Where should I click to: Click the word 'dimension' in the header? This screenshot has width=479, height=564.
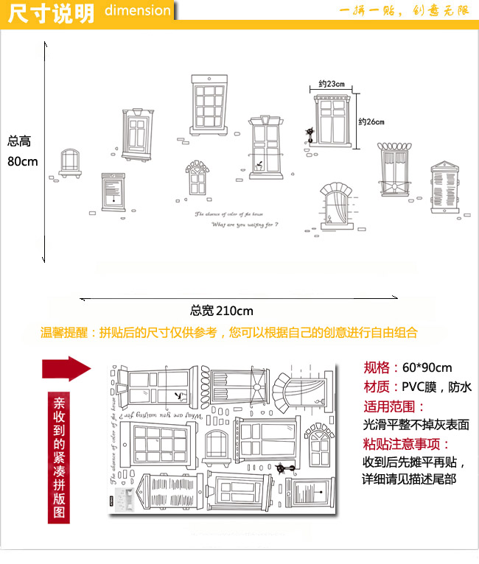click(137, 11)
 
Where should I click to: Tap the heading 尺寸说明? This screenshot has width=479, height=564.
click(51, 13)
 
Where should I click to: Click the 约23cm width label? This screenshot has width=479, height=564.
click(332, 85)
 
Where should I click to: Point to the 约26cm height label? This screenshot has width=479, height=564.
click(372, 121)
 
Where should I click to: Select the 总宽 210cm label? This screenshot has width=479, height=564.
click(221, 310)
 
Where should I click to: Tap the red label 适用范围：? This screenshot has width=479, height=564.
click(394, 406)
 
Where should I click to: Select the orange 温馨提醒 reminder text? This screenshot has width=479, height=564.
click(228, 333)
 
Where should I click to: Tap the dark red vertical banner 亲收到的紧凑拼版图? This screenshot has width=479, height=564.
click(60, 457)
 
